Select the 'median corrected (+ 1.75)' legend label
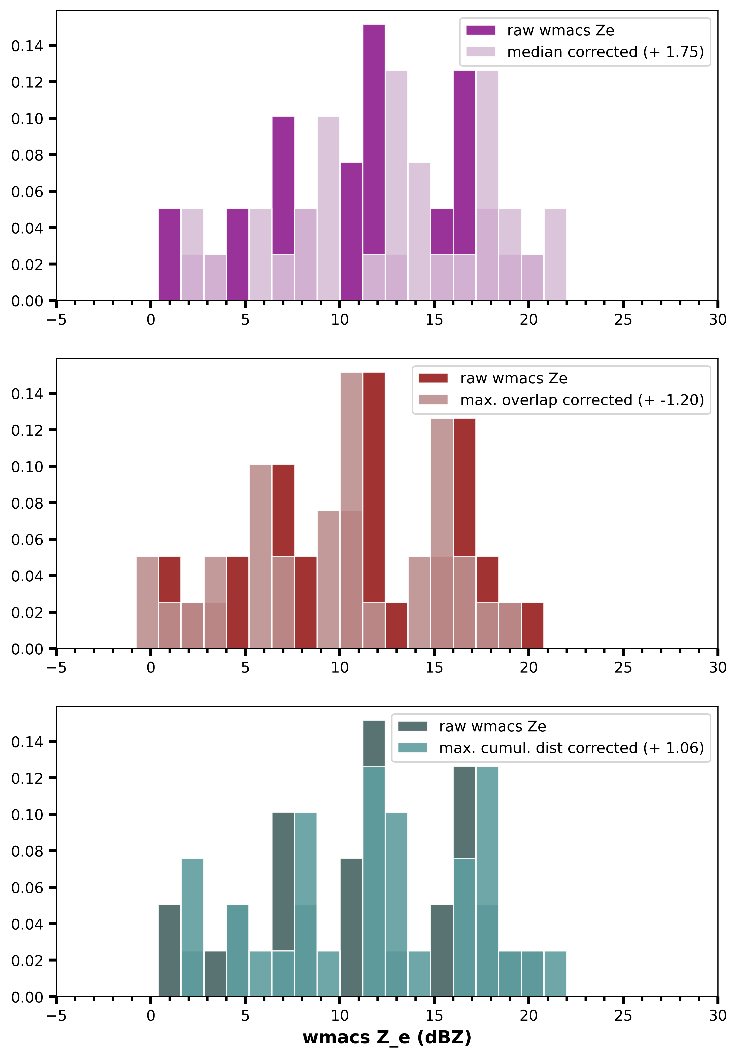pyautogui.click(x=605, y=52)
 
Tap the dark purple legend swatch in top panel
pyautogui.click(x=480, y=30)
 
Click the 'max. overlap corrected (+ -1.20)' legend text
pyautogui.click(x=582, y=400)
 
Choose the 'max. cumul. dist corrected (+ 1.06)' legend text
pyautogui.click(x=571, y=748)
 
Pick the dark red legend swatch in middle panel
pyautogui.click(x=433, y=378)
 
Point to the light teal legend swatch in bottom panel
pyautogui.click(x=412, y=748)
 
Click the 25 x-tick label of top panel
pyautogui.click(x=623, y=320)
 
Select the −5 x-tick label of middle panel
pyautogui.click(x=56, y=668)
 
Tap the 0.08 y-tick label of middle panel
pyautogui.click(x=27, y=503)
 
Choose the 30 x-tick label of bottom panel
pyautogui.click(x=717, y=1016)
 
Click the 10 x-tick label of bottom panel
pyautogui.click(x=340, y=1016)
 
